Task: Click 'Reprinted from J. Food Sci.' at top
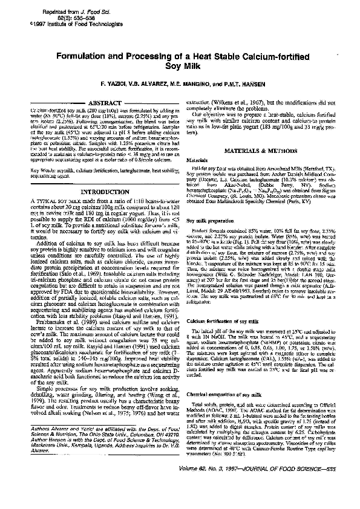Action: pos(72,12)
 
